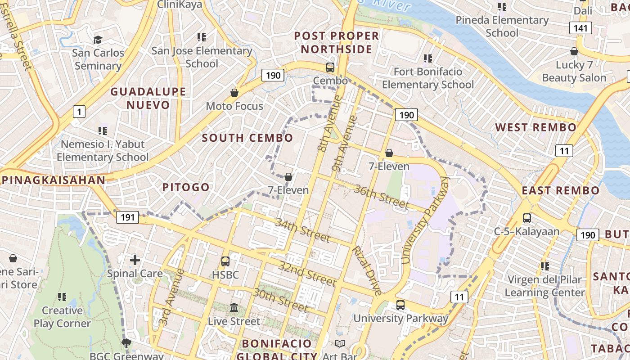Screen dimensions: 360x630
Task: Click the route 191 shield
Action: (127, 217)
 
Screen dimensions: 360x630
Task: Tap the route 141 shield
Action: (580, 28)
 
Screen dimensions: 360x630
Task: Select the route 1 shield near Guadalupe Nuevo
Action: (79, 111)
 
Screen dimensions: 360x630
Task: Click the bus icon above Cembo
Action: (330, 67)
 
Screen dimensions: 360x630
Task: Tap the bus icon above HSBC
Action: (225, 261)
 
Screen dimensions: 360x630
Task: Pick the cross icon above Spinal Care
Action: (135, 260)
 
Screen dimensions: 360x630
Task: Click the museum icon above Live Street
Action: (234, 308)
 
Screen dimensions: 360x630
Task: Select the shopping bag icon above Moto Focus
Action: (234, 93)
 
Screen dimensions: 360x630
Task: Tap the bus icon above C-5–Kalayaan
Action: (526, 218)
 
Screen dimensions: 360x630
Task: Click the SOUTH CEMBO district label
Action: (247, 138)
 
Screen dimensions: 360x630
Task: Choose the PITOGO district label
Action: (186, 187)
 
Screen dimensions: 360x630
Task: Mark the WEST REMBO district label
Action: (536, 127)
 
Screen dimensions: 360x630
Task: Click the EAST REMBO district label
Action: (561, 190)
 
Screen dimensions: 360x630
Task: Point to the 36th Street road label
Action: (382, 196)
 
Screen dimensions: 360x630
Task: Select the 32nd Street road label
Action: (307, 273)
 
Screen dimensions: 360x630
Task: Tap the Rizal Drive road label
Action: (367, 270)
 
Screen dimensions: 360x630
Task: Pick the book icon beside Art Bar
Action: (340, 344)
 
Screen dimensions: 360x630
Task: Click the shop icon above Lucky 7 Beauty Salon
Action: (574, 51)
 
